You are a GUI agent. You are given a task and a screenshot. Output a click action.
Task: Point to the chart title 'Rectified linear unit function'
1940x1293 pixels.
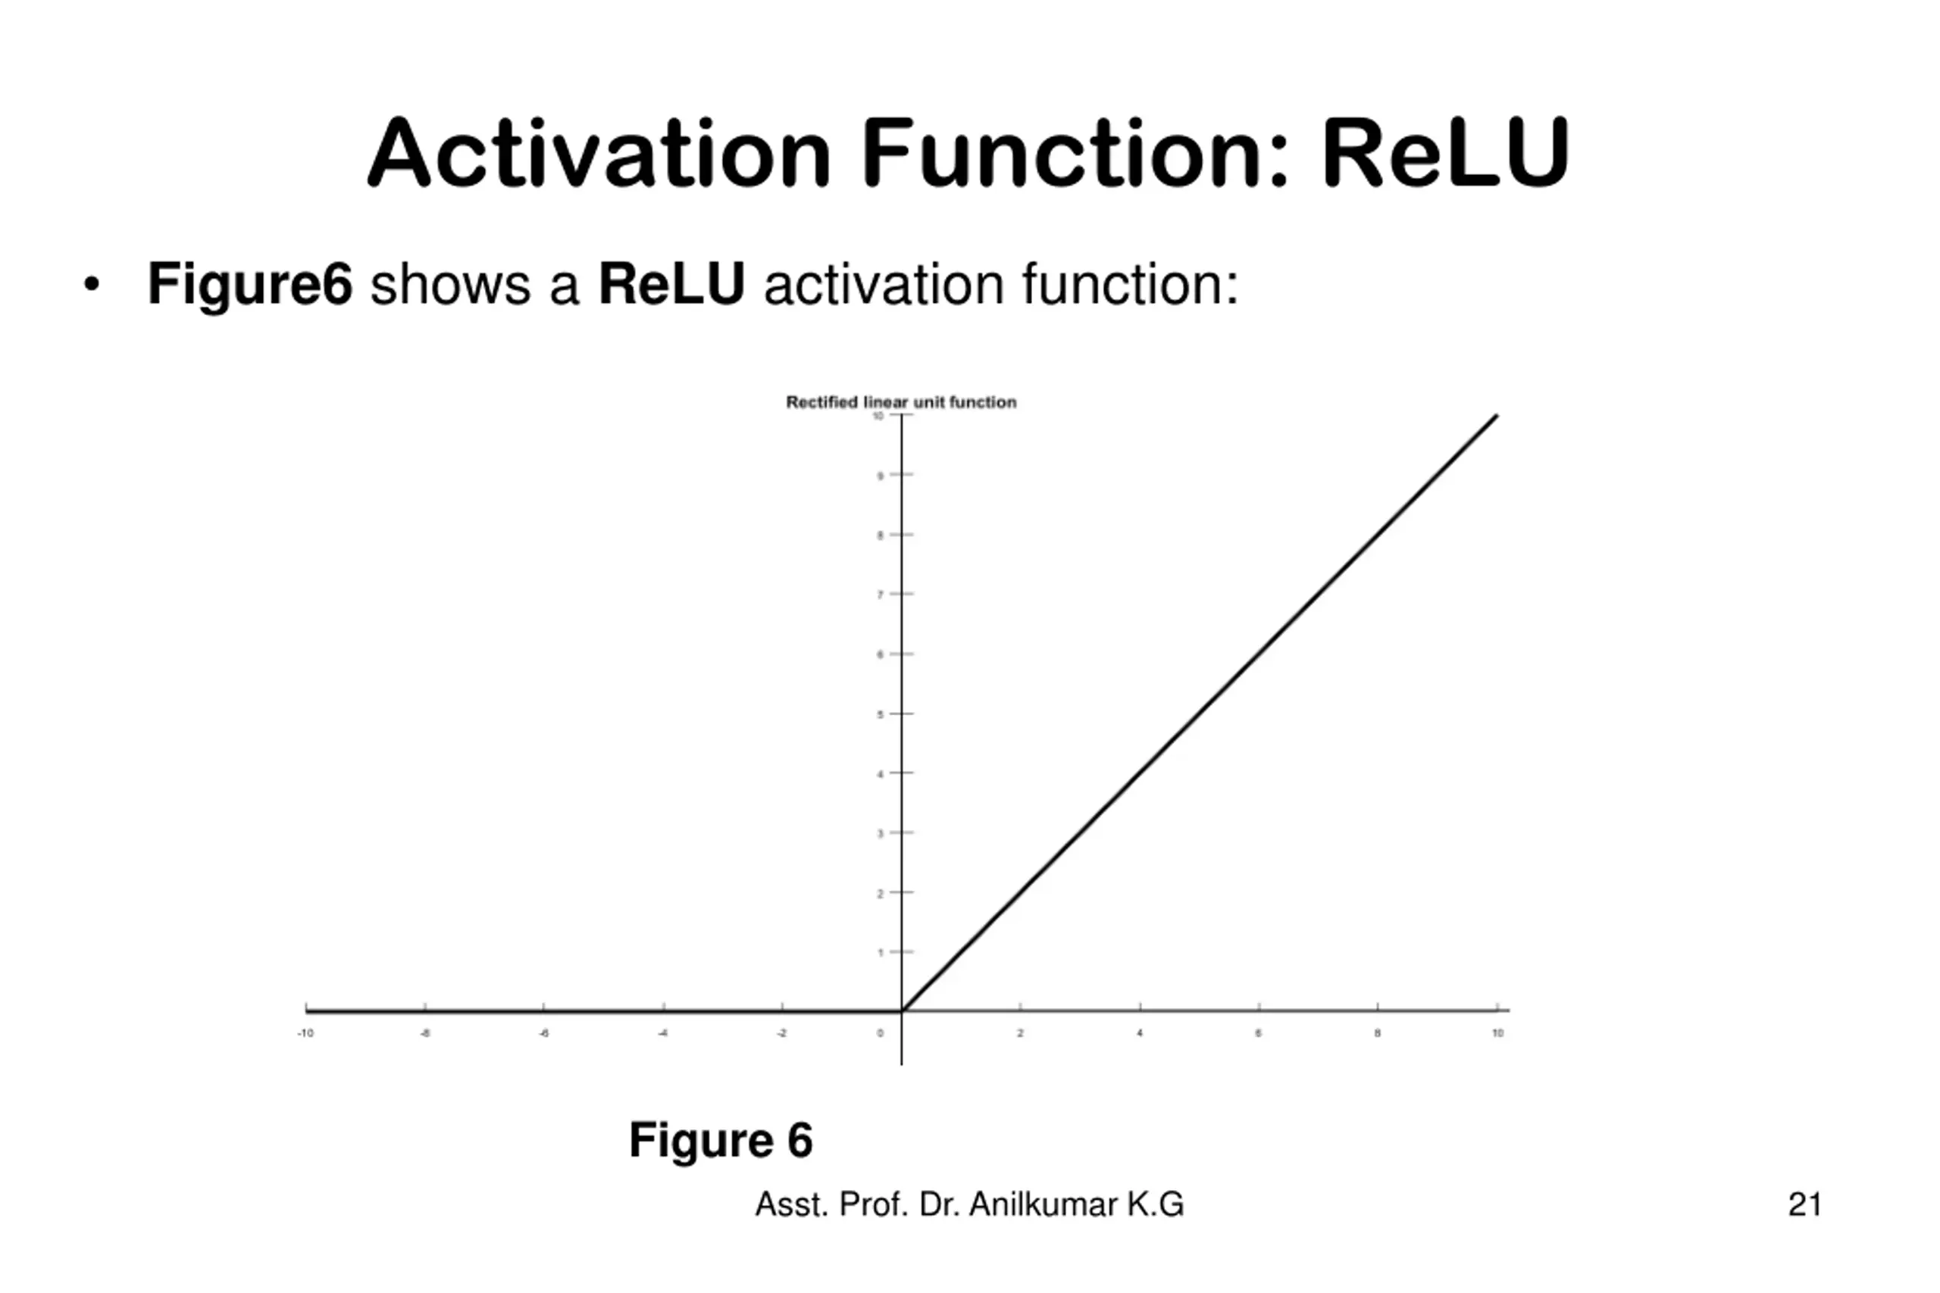point(901,402)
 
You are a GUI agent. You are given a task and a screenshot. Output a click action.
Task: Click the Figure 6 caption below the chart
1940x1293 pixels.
point(721,1141)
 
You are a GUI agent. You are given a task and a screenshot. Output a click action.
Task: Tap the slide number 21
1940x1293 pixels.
point(1804,1205)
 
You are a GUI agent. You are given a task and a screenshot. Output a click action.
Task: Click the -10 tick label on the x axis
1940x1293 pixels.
point(305,1033)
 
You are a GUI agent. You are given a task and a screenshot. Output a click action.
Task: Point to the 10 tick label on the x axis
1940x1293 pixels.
point(1498,1033)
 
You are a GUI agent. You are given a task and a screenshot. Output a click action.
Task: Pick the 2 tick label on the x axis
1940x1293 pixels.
point(1020,1033)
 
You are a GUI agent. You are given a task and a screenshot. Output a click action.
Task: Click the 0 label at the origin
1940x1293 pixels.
point(880,1033)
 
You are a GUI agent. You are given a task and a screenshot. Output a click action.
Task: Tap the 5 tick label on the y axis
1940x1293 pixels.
point(880,714)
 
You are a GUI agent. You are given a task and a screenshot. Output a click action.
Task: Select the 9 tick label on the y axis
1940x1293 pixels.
point(880,476)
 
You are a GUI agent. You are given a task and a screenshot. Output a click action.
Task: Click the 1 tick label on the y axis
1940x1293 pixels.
point(880,952)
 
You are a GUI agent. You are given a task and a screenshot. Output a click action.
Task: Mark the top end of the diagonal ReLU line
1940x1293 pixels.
point(1496,417)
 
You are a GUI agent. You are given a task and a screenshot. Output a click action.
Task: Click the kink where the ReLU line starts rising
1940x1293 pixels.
point(903,1010)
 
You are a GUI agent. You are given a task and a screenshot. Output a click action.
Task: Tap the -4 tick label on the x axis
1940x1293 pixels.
point(663,1033)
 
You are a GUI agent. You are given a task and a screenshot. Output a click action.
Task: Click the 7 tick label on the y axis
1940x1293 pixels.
point(880,595)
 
